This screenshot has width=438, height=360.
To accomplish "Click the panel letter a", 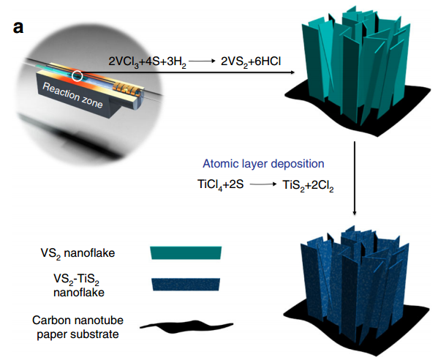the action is (18, 28).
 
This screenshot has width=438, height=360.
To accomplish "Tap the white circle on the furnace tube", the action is (77, 76).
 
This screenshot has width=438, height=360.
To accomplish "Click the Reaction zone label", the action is (72, 96).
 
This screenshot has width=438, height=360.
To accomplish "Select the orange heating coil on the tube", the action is (126, 88).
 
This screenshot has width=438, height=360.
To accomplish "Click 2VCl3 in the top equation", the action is (123, 61).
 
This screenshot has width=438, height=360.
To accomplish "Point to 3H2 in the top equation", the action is (176, 61).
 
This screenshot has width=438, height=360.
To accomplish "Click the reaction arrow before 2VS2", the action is (203, 61).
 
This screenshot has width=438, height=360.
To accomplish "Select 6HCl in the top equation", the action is (268, 61).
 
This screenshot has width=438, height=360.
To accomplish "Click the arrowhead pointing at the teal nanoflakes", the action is (292, 72).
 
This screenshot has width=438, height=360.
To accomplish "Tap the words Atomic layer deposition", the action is (263, 163).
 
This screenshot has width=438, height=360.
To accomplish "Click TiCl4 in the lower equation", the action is (210, 184).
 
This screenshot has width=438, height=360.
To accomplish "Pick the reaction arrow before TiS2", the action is (263, 184).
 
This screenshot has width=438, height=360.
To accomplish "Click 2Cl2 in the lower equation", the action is (322, 186).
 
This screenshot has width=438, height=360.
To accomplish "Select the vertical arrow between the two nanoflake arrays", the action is (355, 179).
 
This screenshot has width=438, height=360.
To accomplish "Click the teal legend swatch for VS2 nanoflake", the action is (186, 252).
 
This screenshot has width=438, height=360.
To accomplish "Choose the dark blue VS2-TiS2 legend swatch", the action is (186, 284).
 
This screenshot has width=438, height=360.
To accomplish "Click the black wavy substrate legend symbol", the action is (186, 326).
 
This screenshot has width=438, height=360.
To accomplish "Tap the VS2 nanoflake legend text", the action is (78, 253).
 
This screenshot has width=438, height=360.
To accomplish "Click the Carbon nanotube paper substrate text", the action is (78, 327).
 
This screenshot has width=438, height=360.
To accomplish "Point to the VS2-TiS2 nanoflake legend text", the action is (77, 285).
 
